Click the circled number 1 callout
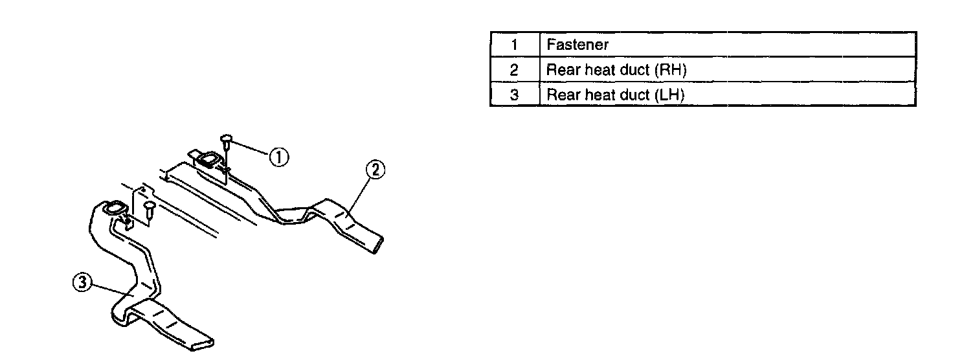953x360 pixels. (279, 157)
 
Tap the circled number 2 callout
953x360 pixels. (376, 170)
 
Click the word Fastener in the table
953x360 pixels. (577, 45)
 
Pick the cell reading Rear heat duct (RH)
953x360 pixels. (616, 70)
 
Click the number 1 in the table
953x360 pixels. (514, 45)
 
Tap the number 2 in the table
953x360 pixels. (514, 70)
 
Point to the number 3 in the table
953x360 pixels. (514, 95)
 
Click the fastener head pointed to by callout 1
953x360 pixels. (227, 138)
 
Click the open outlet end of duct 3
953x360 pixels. (208, 341)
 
